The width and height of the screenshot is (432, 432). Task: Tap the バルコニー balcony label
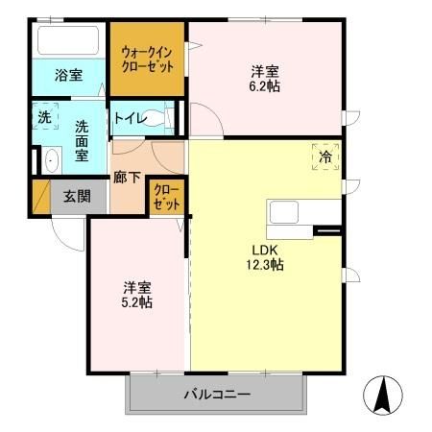coord(217,395)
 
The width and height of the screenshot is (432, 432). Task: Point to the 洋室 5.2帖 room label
coord(137,294)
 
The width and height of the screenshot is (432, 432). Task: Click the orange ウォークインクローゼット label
coord(148,60)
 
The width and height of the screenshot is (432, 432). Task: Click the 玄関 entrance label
coord(78,197)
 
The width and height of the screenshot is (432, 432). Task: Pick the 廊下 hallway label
coord(127,177)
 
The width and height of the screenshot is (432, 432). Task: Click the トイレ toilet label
coord(130,119)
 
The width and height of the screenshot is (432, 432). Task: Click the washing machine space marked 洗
coord(44,117)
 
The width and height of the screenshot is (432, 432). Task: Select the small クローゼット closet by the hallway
coord(166,199)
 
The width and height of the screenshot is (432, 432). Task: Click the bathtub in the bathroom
coord(67,41)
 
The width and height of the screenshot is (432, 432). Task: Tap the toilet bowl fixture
coord(168,118)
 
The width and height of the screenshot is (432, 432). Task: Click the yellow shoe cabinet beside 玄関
coord(41,196)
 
